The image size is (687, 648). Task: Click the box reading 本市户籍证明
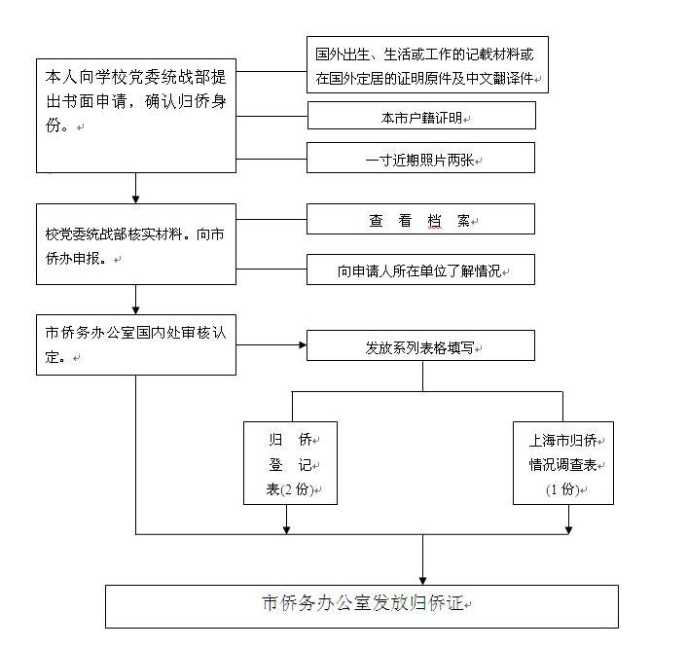(421, 116)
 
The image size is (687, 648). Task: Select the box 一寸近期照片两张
(420, 158)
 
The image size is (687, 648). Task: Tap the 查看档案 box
(420, 219)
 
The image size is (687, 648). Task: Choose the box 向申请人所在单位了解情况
(420, 270)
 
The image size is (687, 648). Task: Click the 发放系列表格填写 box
(420, 345)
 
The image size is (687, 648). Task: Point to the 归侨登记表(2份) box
(291, 463)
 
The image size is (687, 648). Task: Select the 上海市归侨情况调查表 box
(563, 463)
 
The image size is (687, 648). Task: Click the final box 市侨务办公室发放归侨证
(362, 606)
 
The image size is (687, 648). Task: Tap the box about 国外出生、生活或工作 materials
(427, 65)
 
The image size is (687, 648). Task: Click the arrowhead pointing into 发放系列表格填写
(303, 345)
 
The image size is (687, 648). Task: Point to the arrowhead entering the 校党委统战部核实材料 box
(136, 199)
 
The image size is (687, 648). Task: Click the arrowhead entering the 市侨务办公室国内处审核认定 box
(136, 310)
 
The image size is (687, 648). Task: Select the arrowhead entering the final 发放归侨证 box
(422, 581)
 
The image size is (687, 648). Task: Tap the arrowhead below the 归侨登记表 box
(286, 530)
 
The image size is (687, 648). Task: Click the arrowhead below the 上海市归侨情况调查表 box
(568, 530)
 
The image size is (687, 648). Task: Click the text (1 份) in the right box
(563, 489)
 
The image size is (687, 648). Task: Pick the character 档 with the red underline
(434, 221)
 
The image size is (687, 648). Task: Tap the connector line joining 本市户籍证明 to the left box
(271, 117)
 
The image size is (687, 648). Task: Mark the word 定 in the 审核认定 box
(52, 357)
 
